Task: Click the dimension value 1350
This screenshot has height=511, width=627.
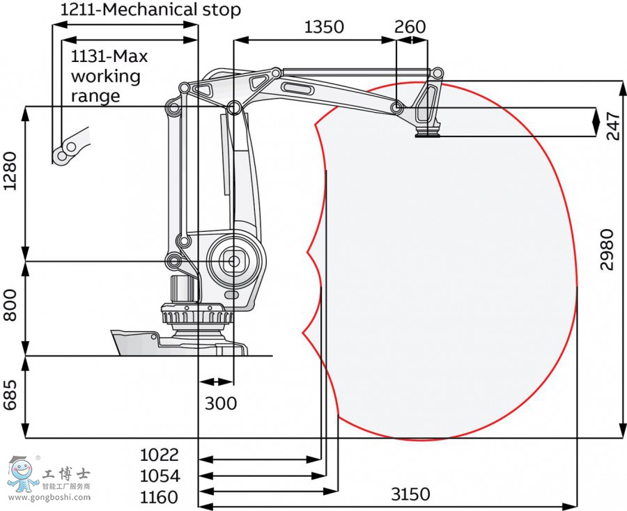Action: click(x=324, y=27)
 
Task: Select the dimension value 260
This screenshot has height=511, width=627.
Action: click(x=410, y=27)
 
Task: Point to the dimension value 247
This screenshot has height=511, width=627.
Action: click(x=612, y=124)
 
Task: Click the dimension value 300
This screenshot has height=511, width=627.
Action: click(x=221, y=403)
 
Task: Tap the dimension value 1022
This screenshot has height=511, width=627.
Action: click(x=160, y=455)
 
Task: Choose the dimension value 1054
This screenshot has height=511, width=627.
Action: click(x=160, y=476)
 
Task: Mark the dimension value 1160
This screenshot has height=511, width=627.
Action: click(x=160, y=497)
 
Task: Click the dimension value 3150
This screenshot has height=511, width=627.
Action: click(x=410, y=494)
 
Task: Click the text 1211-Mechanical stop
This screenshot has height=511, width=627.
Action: click(x=150, y=10)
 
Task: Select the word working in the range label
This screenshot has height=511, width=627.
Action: click(x=105, y=76)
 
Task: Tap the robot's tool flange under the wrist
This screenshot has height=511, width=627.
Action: click(x=428, y=132)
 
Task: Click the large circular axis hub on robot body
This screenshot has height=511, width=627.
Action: click(x=233, y=262)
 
